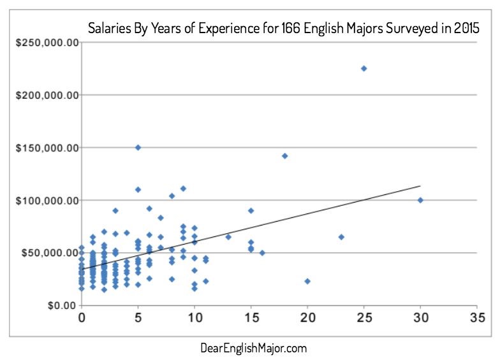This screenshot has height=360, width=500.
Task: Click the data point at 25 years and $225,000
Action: [x=364, y=68]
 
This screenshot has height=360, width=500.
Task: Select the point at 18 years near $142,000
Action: [x=285, y=155]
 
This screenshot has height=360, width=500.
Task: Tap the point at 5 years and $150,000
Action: [x=138, y=147]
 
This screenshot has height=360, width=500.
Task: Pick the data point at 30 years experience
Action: [x=420, y=200]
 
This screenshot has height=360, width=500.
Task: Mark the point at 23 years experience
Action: [x=341, y=237]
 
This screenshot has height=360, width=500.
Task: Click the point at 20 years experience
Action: [x=307, y=281]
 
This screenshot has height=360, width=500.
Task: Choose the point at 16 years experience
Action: [x=262, y=253]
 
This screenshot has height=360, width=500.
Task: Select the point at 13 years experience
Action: [x=228, y=237]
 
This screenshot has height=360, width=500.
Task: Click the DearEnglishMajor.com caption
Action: [x=253, y=348]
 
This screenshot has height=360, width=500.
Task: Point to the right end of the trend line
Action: [x=420, y=186]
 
